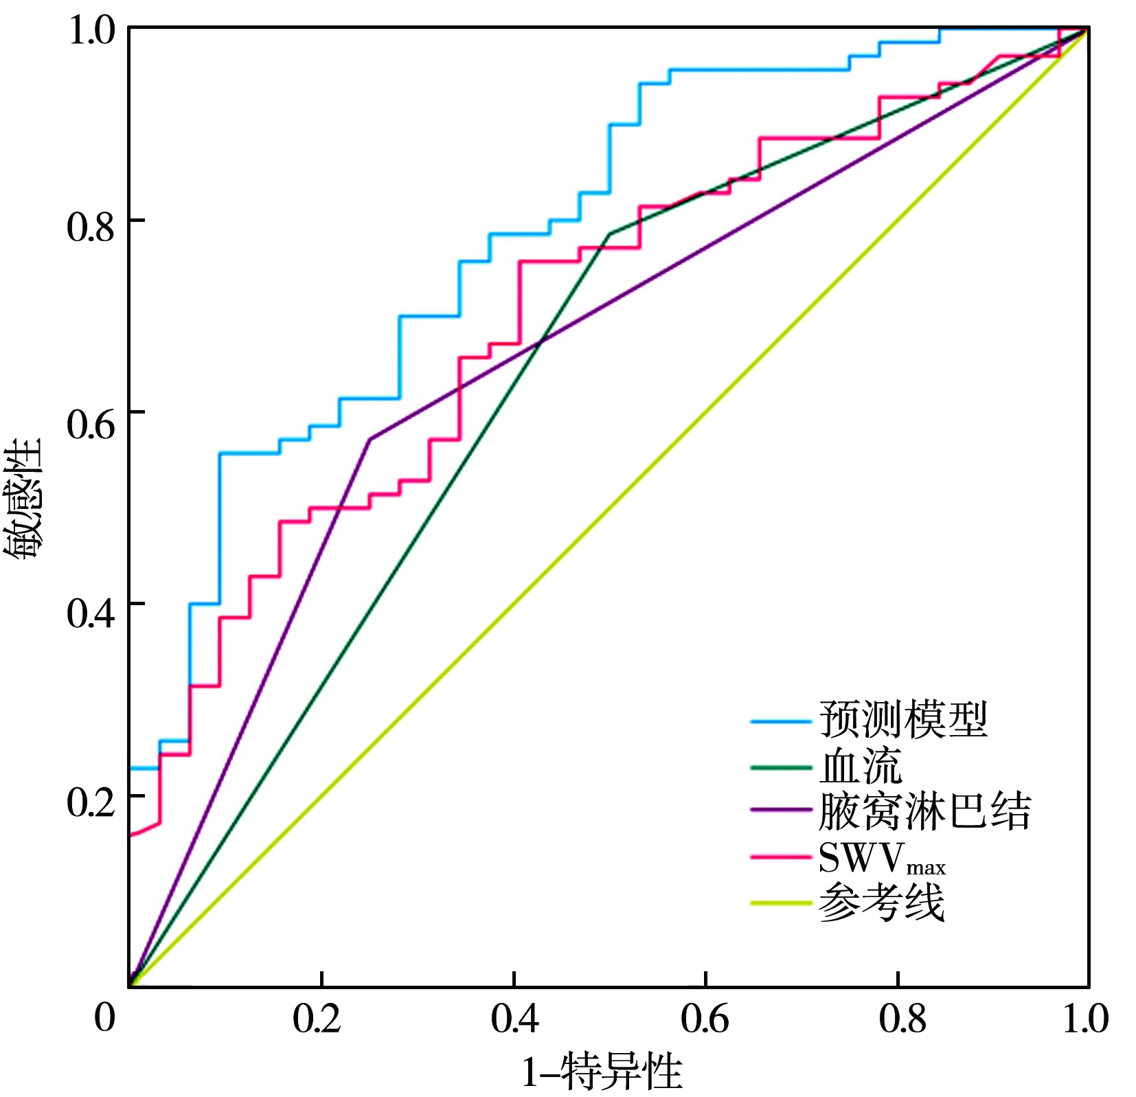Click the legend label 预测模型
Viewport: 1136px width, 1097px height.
902,720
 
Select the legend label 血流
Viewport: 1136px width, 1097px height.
860,766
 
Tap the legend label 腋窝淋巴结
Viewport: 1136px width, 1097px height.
924,811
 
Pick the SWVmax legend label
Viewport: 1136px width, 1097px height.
882,858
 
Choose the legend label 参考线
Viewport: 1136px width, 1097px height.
882,902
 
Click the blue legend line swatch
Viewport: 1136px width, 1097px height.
780,721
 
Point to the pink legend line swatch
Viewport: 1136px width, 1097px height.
780,857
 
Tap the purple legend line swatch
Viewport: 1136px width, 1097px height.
780,811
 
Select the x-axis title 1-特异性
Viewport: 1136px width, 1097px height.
602,1071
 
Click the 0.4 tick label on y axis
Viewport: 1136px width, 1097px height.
90,611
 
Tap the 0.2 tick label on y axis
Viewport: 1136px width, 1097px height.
90,802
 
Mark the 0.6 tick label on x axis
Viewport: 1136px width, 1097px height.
705,1019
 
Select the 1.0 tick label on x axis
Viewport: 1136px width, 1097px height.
1085,1019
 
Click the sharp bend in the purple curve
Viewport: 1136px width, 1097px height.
370,439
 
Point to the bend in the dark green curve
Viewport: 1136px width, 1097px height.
610,234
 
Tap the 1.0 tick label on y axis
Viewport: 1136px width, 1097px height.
90,32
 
